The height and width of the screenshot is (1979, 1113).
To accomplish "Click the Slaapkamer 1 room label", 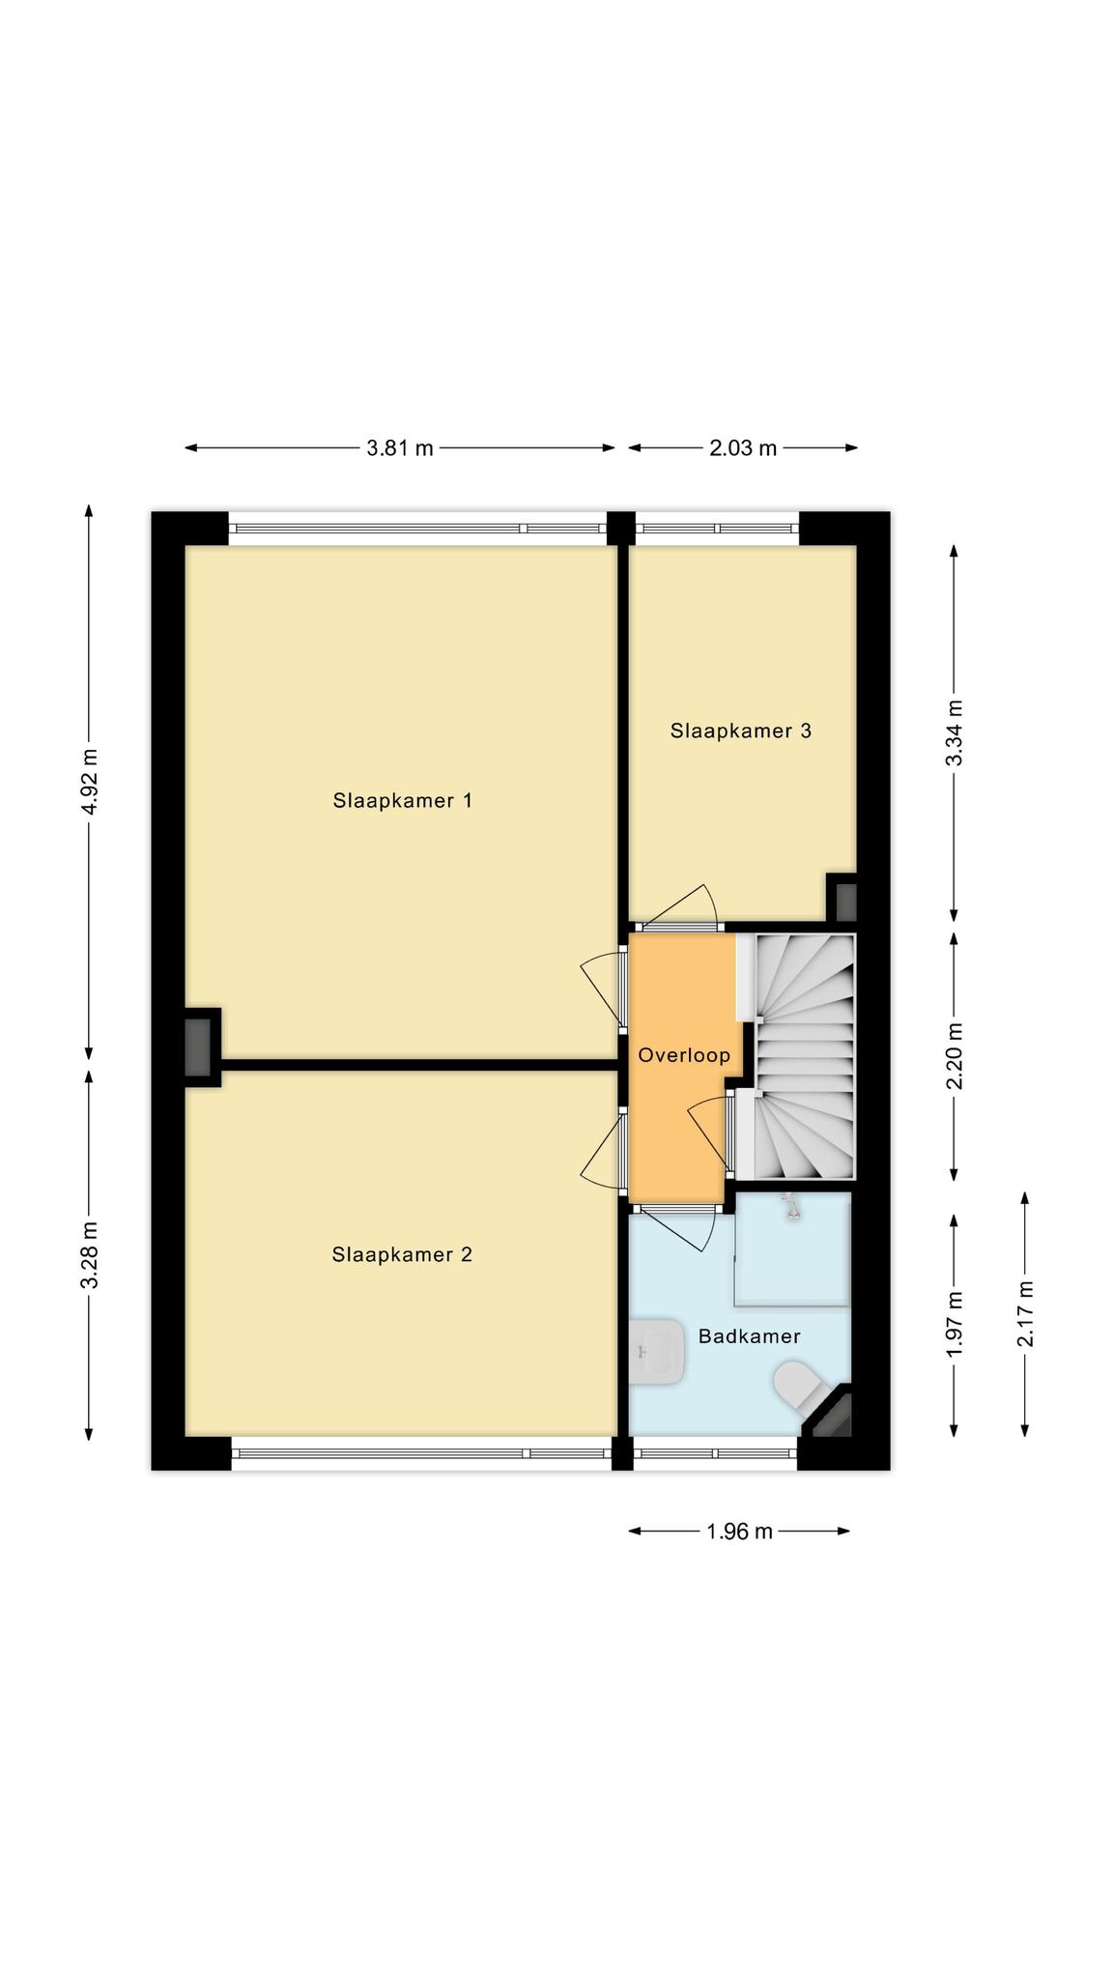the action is point(402,800).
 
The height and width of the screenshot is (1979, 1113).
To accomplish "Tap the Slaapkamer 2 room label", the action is point(402,1254).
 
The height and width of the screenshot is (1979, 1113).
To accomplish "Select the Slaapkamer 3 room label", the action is point(741,731).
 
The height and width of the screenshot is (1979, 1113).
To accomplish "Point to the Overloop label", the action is point(684,1055).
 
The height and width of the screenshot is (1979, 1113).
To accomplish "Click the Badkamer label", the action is point(749,1336).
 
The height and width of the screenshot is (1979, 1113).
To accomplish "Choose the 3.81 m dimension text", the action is point(400,448).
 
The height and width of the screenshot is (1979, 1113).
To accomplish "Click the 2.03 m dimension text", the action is point(743,448).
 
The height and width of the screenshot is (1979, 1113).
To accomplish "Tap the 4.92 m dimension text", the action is point(89,781).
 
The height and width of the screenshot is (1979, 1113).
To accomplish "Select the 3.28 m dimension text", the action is point(89,1254).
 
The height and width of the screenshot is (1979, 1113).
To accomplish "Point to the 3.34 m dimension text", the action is point(954,732).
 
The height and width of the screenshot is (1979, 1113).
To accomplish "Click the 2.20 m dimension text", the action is point(954,1055).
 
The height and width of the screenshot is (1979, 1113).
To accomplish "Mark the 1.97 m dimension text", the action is point(954,1324).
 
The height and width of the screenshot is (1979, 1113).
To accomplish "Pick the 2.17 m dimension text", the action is point(1025,1313).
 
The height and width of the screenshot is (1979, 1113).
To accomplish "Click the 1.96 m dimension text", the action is point(739,1532).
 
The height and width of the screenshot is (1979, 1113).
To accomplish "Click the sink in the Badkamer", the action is point(657,1351).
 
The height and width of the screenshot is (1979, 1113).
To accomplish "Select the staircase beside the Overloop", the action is point(804,1056).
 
